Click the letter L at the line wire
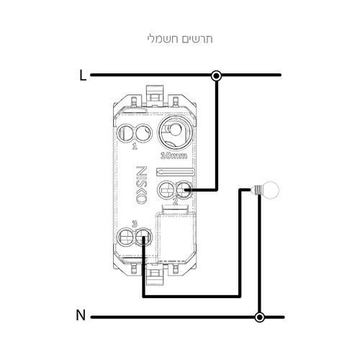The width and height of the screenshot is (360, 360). tap(83, 76)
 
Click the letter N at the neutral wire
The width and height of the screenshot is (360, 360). tap(81, 315)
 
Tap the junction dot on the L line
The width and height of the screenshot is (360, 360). tap(216, 76)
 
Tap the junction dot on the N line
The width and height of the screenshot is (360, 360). tap(259, 317)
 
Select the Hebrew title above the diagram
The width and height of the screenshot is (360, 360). tap(180, 39)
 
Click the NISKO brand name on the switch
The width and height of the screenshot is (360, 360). tap(142, 185)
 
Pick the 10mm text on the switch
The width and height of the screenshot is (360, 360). tap(174, 156)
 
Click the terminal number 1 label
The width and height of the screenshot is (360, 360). tap(135, 146)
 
